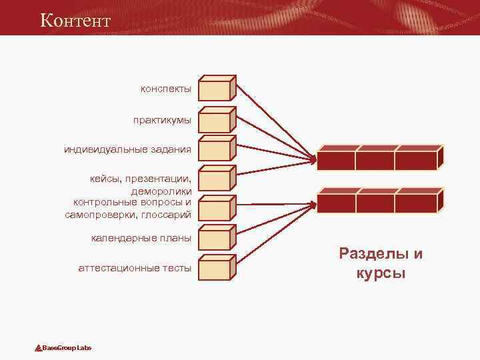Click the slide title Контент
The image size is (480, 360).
(x=75, y=20)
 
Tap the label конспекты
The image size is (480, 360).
(x=166, y=89)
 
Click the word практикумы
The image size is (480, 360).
(x=162, y=121)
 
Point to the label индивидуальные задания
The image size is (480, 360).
(x=127, y=149)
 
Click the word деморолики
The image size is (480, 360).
(x=161, y=191)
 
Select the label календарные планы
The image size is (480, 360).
(x=141, y=238)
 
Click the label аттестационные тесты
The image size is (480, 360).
(x=135, y=268)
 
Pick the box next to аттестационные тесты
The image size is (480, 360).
(x=215, y=269)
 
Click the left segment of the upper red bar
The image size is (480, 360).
(x=335, y=161)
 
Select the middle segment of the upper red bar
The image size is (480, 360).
(x=375, y=161)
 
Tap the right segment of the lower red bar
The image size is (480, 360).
(x=415, y=202)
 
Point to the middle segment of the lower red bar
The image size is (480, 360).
(x=376, y=202)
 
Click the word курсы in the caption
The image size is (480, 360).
(x=381, y=273)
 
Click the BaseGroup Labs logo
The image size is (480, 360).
(x=64, y=348)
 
